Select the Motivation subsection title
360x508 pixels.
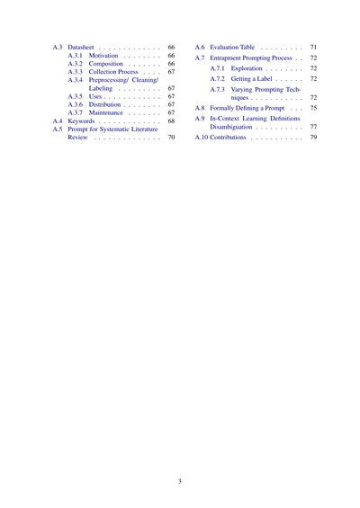[x=110, y=56]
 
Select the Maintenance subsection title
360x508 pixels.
[x=112, y=115]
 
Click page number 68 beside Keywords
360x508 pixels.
[x=171, y=125]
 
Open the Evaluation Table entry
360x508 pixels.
[x=231, y=46]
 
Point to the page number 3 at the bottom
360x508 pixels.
[x=180, y=456]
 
